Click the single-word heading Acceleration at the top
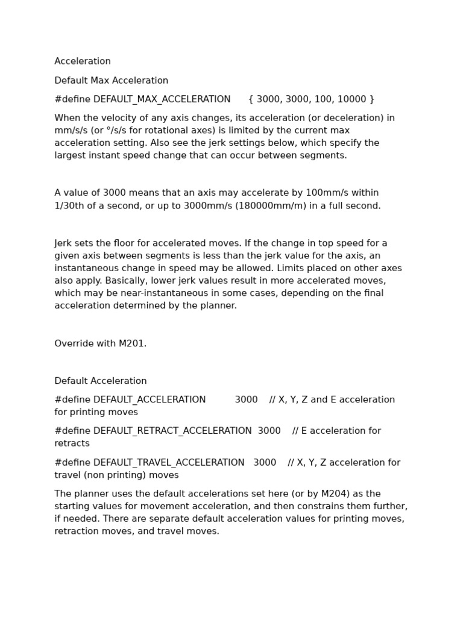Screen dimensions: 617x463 [x=83, y=61]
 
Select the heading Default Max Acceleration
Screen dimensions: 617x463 [x=111, y=81]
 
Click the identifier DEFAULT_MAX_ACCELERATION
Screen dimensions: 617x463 [x=162, y=99]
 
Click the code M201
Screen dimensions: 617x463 [x=132, y=344]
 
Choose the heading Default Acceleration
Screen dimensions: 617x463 [x=101, y=381]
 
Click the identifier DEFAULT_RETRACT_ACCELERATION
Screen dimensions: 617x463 [x=172, y=431]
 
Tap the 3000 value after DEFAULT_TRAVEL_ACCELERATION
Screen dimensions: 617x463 [x=265, y=463]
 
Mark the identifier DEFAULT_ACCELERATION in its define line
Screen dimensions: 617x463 [x=150, y=400]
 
